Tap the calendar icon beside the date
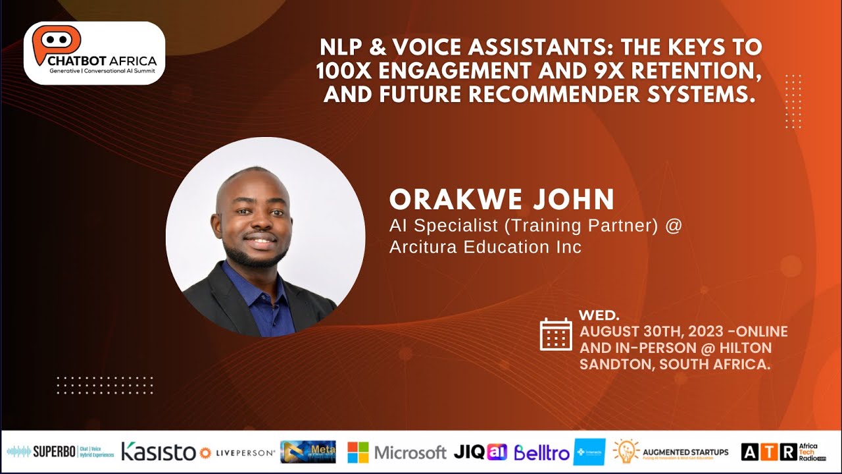click(x=556, y=334)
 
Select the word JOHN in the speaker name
click(x=578, y=199)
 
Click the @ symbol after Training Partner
click(x=674, y=226)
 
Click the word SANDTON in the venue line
click(x=613, y=364)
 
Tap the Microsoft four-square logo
click(x=359, y=452)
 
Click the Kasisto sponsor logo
click(x=158, y=452)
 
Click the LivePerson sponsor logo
click(x=237, y=453)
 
